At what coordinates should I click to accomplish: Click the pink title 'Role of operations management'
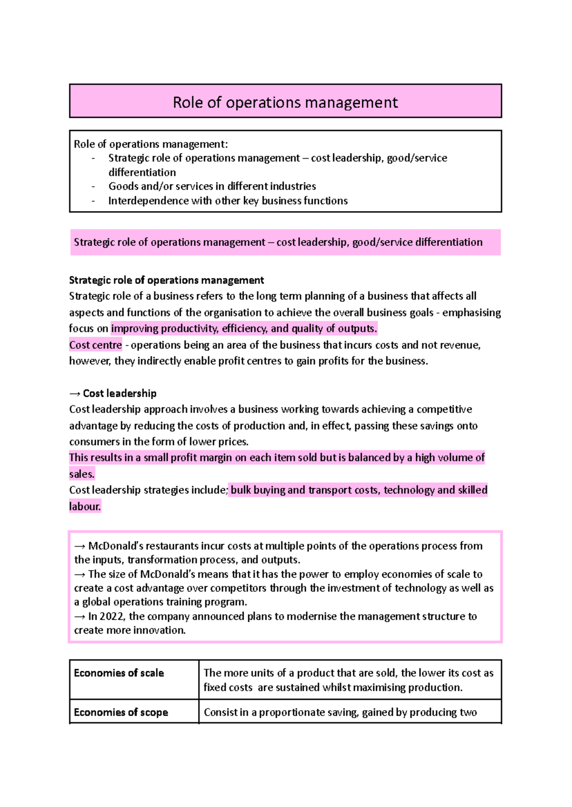point(285,102)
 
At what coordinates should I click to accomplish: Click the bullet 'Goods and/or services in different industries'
point(212,186)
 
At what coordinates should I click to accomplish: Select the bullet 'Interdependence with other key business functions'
point(228,201)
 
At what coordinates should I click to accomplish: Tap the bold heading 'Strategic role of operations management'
point(166,280)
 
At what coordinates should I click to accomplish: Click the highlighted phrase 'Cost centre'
point(95,345)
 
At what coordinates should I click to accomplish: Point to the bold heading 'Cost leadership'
point(120,393)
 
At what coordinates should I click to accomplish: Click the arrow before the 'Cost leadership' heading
point(75,393)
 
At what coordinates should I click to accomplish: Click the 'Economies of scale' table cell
point(119,673)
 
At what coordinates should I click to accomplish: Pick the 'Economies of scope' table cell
point(121,712)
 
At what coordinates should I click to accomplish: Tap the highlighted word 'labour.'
point(85,506)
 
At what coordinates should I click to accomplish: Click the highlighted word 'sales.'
point(82,474)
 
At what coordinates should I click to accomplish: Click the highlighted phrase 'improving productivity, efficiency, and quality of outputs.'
point(244,329)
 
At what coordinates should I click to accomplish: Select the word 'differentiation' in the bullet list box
point(142,172)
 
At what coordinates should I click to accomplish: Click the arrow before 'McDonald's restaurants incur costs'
point(80,546)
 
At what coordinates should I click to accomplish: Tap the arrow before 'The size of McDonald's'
point(80,575)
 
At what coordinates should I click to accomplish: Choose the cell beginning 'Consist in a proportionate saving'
point(340,712)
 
